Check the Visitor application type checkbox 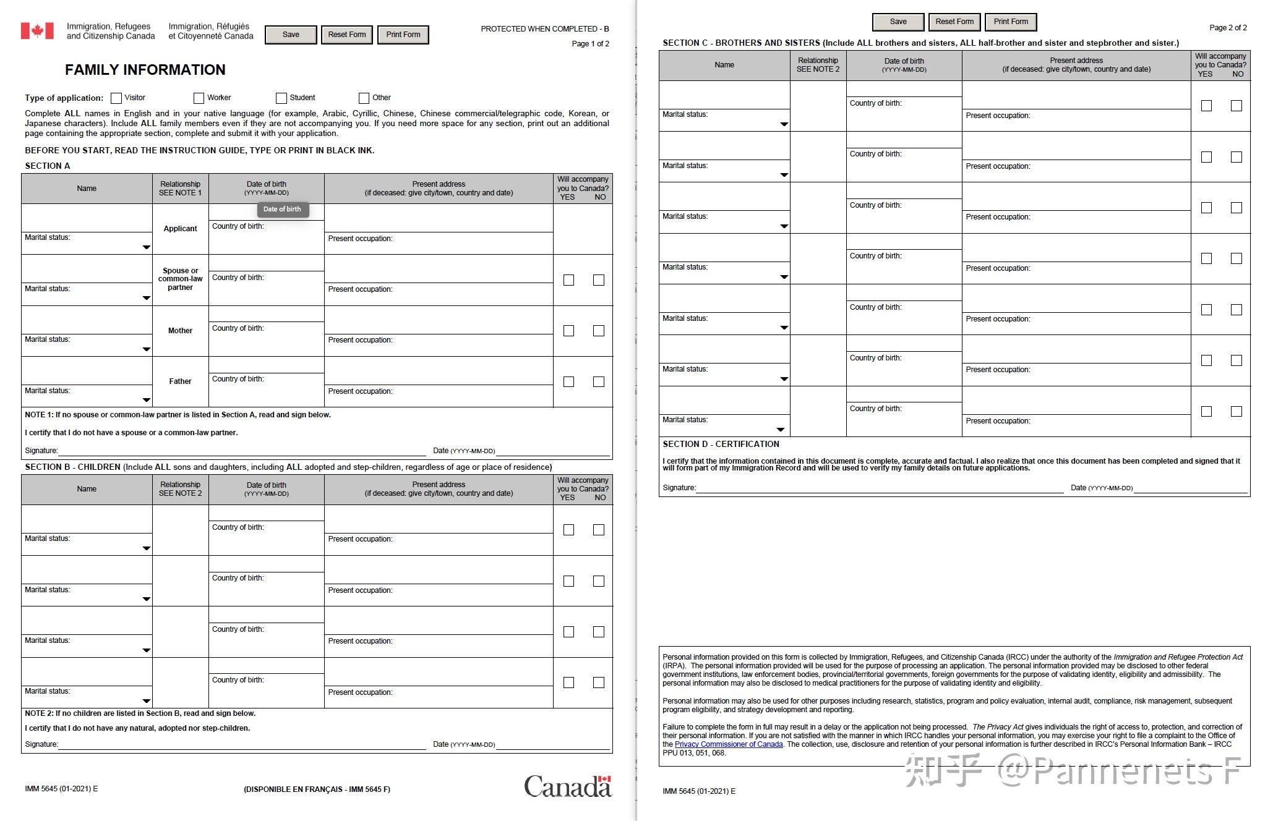click(116, 98)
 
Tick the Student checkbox click(281, 98)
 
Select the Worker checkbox click(199, 98)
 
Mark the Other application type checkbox click(364, 98)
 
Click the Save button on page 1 click(291, 35)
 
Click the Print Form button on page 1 click(403, 35)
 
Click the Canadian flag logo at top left click(37, 31)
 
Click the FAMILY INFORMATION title click(145, 70)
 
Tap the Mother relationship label click(180, 331)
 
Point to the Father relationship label click(180, 381)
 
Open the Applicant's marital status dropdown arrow click(147, 247)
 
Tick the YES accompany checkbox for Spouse click(568, 280)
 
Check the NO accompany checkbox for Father click(598, 382)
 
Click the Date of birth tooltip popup click(282, 209)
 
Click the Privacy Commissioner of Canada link click(729, 744)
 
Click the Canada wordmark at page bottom click(567, 786)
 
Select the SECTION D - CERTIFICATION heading click(721, 444)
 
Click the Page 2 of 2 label click(1228, 28)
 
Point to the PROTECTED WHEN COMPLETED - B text click(544, 29)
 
